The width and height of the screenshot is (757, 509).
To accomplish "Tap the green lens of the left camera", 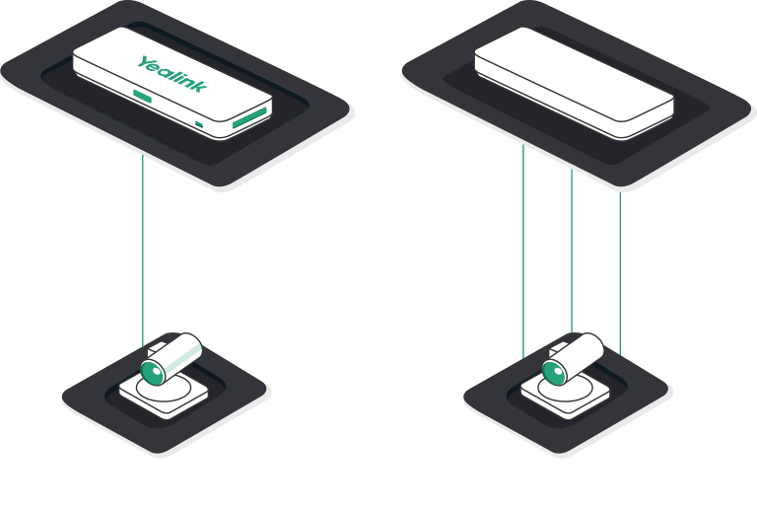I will (x=151, y=372).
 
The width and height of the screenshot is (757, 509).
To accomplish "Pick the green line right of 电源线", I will (x=523, y=247).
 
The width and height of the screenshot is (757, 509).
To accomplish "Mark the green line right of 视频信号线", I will (x=573, y=247).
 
